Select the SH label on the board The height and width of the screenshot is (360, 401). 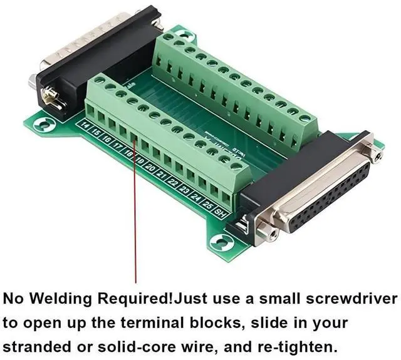(x=220, y=212)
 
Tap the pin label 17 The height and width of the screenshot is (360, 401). (x=117, y=147)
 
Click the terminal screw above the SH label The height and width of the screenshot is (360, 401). (x=236, y=165)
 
